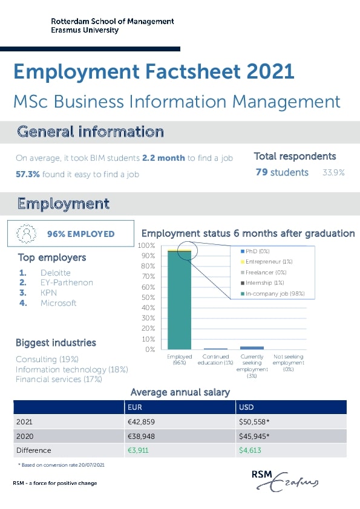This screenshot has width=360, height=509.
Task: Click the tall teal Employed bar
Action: tap(179, 300)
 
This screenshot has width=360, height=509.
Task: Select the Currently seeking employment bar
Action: tap(252, 348)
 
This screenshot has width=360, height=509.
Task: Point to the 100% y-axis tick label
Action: tap(146, 245)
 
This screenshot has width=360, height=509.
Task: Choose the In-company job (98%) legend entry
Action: tap(272, 293)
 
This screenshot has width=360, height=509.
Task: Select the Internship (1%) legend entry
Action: tap(262, 283)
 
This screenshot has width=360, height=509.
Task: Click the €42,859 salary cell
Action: tap(142, 422)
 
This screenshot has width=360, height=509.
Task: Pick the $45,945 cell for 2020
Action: tap(254, 436)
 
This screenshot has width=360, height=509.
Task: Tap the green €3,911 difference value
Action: tap(138, 450)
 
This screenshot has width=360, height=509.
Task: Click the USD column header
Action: tap(246, 407)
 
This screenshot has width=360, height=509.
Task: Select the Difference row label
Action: tap(34, 450)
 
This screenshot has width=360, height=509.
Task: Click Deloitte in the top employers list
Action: tap(56, 273)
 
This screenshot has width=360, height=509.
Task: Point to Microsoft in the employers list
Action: tap(59, 303)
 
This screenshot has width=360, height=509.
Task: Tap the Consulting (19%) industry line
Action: tap(47, 359)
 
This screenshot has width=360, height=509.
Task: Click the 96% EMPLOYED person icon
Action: tap(27, 233)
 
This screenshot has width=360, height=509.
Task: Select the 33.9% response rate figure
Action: tap(333, 172)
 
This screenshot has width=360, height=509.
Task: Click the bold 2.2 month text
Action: tap(163, 158)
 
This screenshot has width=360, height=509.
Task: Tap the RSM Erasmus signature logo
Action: tap(284, 481)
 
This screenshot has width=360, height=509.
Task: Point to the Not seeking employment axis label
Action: tap(289, 363)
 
